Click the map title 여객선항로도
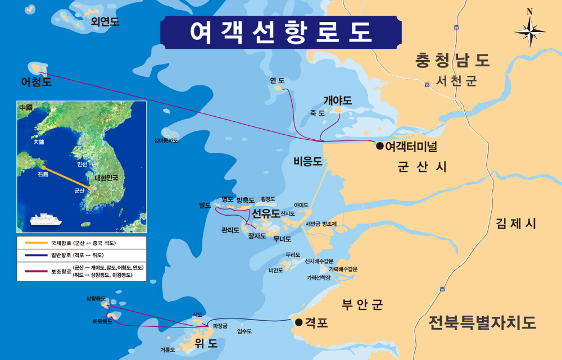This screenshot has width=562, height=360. click(281, 32)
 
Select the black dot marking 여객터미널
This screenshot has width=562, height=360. click(379, 146)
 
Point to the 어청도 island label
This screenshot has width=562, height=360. click(36, 82)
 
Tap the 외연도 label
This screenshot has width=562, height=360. click(105, 21)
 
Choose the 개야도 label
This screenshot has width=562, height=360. click(338, 101)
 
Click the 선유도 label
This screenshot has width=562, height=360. click(266, 213)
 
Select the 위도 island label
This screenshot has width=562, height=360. click(206, 343)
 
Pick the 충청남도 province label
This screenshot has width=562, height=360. click(452, 60)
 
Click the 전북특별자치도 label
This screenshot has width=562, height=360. click(482, 323)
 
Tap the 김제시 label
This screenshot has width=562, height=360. click(516, 224)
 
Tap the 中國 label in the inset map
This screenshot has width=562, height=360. click(26, 107)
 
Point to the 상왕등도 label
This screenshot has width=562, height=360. click(96, 298)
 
